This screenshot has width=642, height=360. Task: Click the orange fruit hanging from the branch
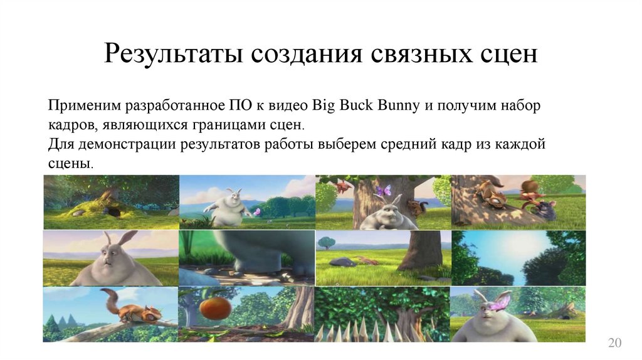click(x=214, y=309)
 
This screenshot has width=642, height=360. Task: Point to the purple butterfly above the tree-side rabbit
click(x=382, y=189)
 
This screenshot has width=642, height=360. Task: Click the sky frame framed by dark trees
click(x=518, y=258)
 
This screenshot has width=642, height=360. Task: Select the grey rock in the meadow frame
click(x=343, y=262)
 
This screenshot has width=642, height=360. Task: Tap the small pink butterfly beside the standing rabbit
click(x=255, y=211)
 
